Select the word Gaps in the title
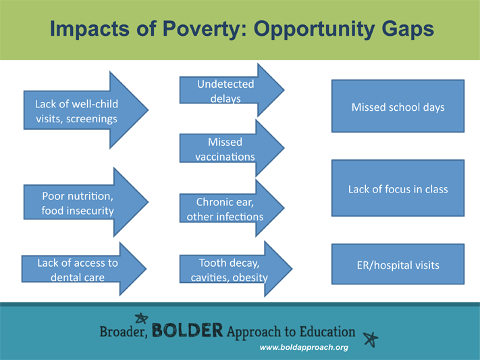coord(399,30)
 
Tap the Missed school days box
coord(398,107)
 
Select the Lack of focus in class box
coord(398,189)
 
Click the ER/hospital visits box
coord(398,265)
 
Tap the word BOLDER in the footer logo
coord(187,331)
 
